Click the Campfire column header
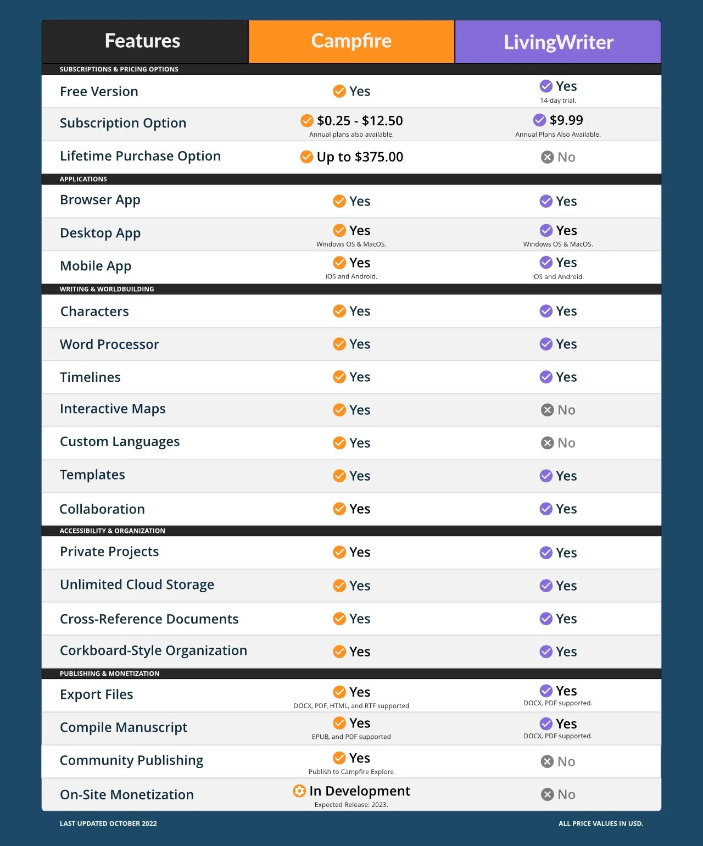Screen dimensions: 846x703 click(351, 41)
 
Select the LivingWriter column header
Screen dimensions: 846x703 click(558, 42)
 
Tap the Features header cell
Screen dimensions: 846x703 click(142, 41)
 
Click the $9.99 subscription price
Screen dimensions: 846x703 click(566, 120)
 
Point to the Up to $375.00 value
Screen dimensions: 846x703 click(360, 157)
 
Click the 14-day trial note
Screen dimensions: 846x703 click(558, 101)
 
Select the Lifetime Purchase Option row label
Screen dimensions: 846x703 click(140, 157)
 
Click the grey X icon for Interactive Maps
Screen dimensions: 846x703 click(547, 410)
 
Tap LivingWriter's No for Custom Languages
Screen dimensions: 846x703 click(566, 443)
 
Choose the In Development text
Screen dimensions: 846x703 click(360, 791)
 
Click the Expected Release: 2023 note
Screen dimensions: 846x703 click(351, 805)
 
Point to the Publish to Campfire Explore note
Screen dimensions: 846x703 click(351, 772)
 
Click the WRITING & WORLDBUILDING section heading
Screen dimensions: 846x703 click(107, 289)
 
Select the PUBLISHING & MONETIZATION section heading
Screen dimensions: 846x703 click(109, 674)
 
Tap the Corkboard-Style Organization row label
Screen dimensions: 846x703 click(153, 651)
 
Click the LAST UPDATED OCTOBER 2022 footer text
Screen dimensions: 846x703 click(108, 823)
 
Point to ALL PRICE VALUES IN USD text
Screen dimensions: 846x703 click(601, 823)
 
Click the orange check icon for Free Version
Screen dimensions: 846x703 click(339, 91)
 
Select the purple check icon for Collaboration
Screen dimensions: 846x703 click(546, 509)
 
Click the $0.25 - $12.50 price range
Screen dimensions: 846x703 click(360, 121)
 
